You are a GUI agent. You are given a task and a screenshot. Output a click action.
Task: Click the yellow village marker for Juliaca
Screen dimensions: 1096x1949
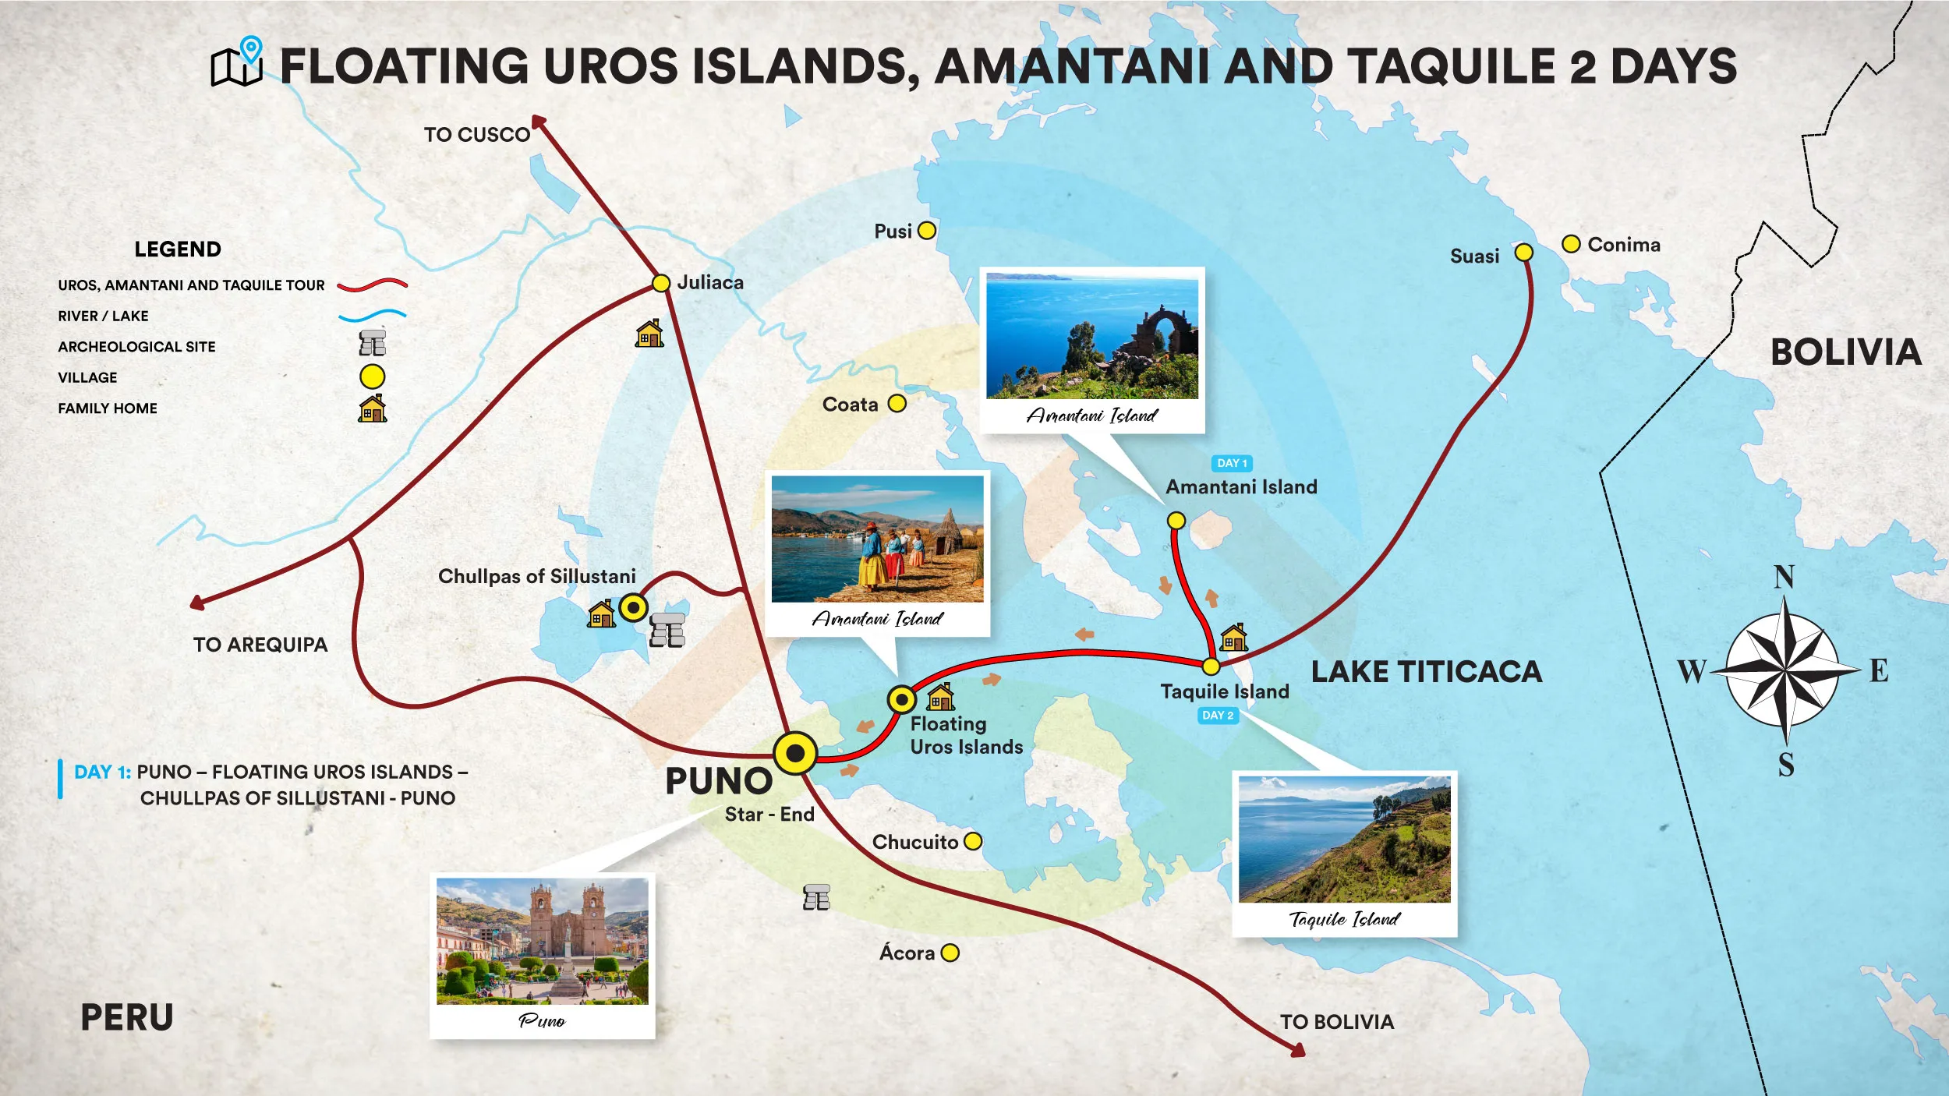click(x=660, y=283)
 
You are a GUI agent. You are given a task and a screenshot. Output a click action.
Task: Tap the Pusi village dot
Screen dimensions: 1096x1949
click(x=926, y=231)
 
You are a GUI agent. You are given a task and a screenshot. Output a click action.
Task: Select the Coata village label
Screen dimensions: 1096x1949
click(x=850, y=405)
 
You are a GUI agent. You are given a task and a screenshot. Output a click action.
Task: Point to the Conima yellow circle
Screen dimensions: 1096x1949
click(x=1571, y=244)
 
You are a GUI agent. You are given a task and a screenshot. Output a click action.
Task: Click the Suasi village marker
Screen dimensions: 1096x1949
click(x=1523, y=253)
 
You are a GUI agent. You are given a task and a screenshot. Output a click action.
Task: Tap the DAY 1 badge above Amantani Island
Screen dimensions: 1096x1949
click(x=1232, y=463)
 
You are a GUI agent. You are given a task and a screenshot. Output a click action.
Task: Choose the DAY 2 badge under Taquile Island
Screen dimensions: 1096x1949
click(x=1218, y=716)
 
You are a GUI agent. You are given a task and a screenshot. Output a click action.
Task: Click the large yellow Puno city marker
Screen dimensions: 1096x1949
click(x=795, y=753)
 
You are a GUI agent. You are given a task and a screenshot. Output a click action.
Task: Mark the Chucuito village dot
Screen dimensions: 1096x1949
click(x=973, y=842)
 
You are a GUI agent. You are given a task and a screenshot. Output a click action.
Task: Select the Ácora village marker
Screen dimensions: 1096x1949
click(x=950, y=953)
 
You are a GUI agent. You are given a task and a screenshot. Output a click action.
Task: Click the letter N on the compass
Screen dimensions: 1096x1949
click(x=1784, y=578)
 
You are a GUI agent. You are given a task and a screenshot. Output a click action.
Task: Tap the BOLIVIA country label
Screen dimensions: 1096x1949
click(x=1845, y=352)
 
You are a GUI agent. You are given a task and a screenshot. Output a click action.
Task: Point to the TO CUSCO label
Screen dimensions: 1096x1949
click(x=476, y=135)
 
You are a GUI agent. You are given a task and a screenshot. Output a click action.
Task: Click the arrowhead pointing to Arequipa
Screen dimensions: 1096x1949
click(x=197, y=603)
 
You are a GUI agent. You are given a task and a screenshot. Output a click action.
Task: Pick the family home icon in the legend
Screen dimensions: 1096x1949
click(x=373, y=408)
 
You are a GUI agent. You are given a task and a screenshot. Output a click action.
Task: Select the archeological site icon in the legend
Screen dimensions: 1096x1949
click(x=373, y=343)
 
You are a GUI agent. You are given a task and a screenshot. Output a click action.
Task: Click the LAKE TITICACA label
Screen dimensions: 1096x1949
click(x=1426, y=672)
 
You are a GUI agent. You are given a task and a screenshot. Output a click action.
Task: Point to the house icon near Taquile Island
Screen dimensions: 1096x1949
click(x=1233, y=638)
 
